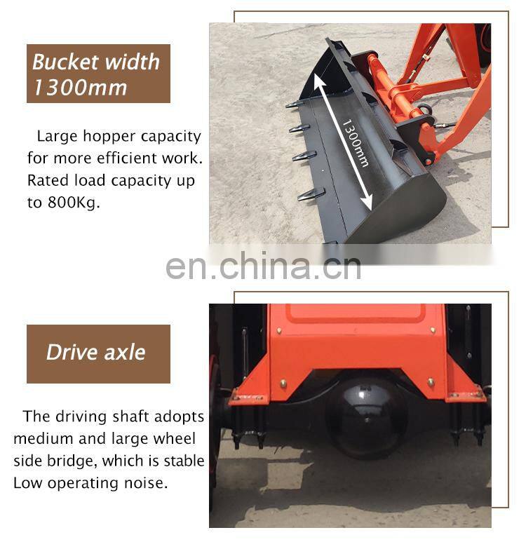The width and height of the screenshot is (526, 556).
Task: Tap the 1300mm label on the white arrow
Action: pos(355,143)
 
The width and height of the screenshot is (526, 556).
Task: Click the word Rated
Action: pos(46,180)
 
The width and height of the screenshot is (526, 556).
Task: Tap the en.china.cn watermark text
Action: pos(263,265)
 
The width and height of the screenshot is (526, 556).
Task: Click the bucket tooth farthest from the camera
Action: pos(294,104)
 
